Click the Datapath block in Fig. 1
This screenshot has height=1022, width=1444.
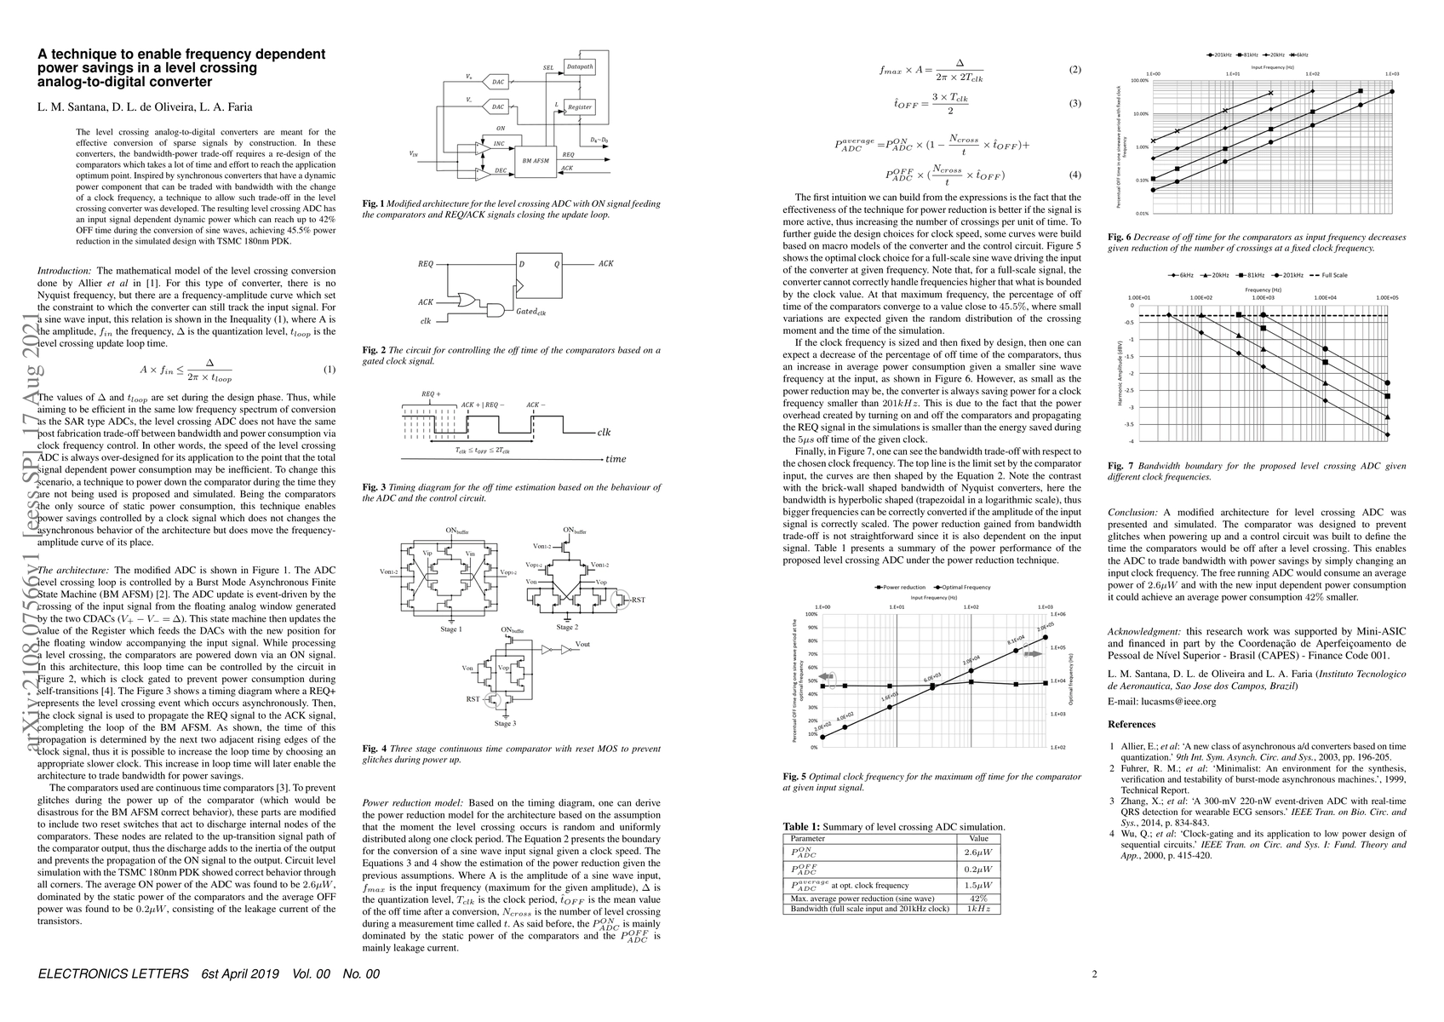click(x=579, y=66)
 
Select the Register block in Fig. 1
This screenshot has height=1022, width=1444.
click(x=579, y=107)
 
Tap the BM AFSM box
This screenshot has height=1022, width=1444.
click(x=536, y=159)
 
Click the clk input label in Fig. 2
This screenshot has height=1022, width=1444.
click(x=425, y=320)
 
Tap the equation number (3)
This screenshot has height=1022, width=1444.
click(x=1074, y=104)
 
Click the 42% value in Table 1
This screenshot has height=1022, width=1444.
click(x=978, y=898)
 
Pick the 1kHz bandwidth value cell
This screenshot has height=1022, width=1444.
click(x=978, y=909)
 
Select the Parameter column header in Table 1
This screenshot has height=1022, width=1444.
click(x=808, y=838)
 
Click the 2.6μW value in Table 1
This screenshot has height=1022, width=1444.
click(x=978, y=851)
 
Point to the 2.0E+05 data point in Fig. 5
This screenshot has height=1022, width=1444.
click(x=1046, y=636)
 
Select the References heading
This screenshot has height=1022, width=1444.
click(x=1132, y=725)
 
